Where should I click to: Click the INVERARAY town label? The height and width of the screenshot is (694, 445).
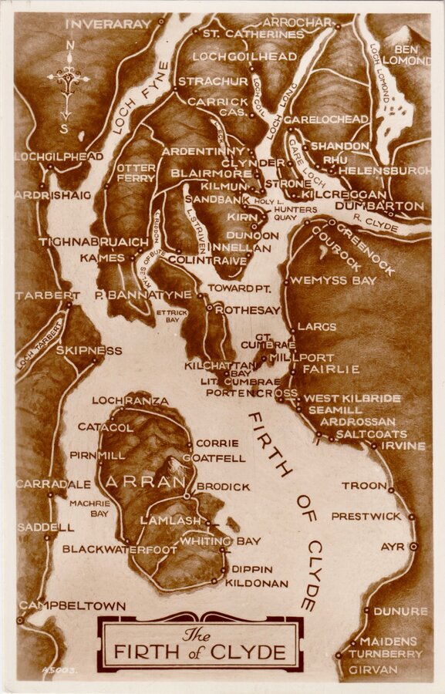(x=108, y=24)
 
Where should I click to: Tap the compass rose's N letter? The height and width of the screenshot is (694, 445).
(x=70, y=45)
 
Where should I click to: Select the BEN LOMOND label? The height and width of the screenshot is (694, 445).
(x=406, y=55)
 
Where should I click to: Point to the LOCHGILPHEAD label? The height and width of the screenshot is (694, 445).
(x=59, y=157)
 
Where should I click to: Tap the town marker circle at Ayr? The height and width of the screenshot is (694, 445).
(x=414, y=546)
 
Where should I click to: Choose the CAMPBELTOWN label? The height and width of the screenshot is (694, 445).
(x=72, y=606)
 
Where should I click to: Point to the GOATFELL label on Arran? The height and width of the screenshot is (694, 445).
(x=221, y=458)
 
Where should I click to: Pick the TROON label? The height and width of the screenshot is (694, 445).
(x=364, y=486)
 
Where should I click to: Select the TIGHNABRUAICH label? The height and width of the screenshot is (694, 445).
(x=93, y=241)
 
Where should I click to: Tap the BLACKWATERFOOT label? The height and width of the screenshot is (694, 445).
(x=120, y=549)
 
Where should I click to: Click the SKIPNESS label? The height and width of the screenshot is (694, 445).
(x=89, y=350)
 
